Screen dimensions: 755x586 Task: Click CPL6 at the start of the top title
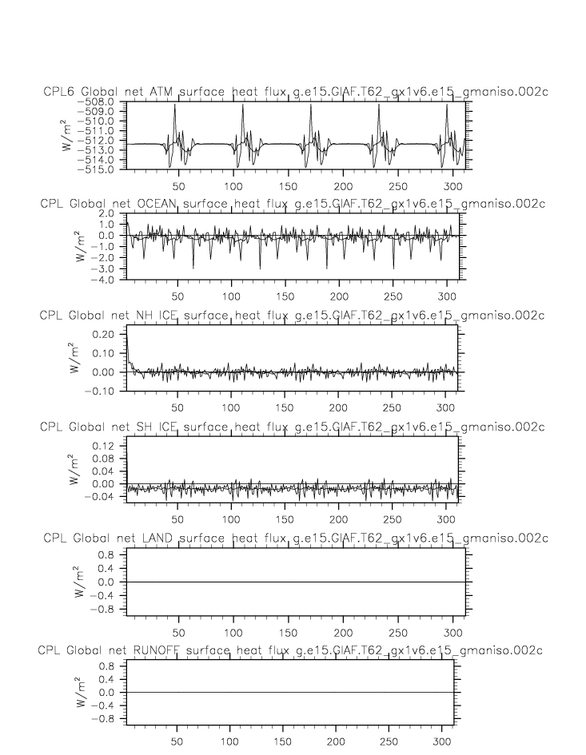pos(59,94)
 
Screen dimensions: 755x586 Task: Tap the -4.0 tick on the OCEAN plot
pos(104,280)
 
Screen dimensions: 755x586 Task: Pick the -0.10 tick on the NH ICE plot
pos(102,391)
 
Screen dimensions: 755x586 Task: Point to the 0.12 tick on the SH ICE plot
pos(104,445)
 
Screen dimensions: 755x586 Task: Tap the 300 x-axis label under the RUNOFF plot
pos(444,741)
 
